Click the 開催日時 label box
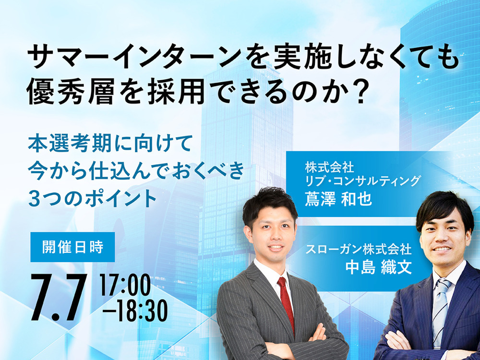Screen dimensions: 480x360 (x=72, y=247)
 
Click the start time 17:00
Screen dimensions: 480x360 (x=126, y=284)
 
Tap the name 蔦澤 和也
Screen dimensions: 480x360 (x=338, y=199)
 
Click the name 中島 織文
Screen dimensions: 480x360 (x=378, y=267)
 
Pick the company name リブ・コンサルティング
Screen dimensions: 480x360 (x=363, y=181)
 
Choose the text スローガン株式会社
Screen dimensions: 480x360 (x=359, y=250)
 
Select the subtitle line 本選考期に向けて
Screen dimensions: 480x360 (x=110, y=143)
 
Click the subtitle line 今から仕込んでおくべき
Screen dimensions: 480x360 (x=136, y=171)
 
